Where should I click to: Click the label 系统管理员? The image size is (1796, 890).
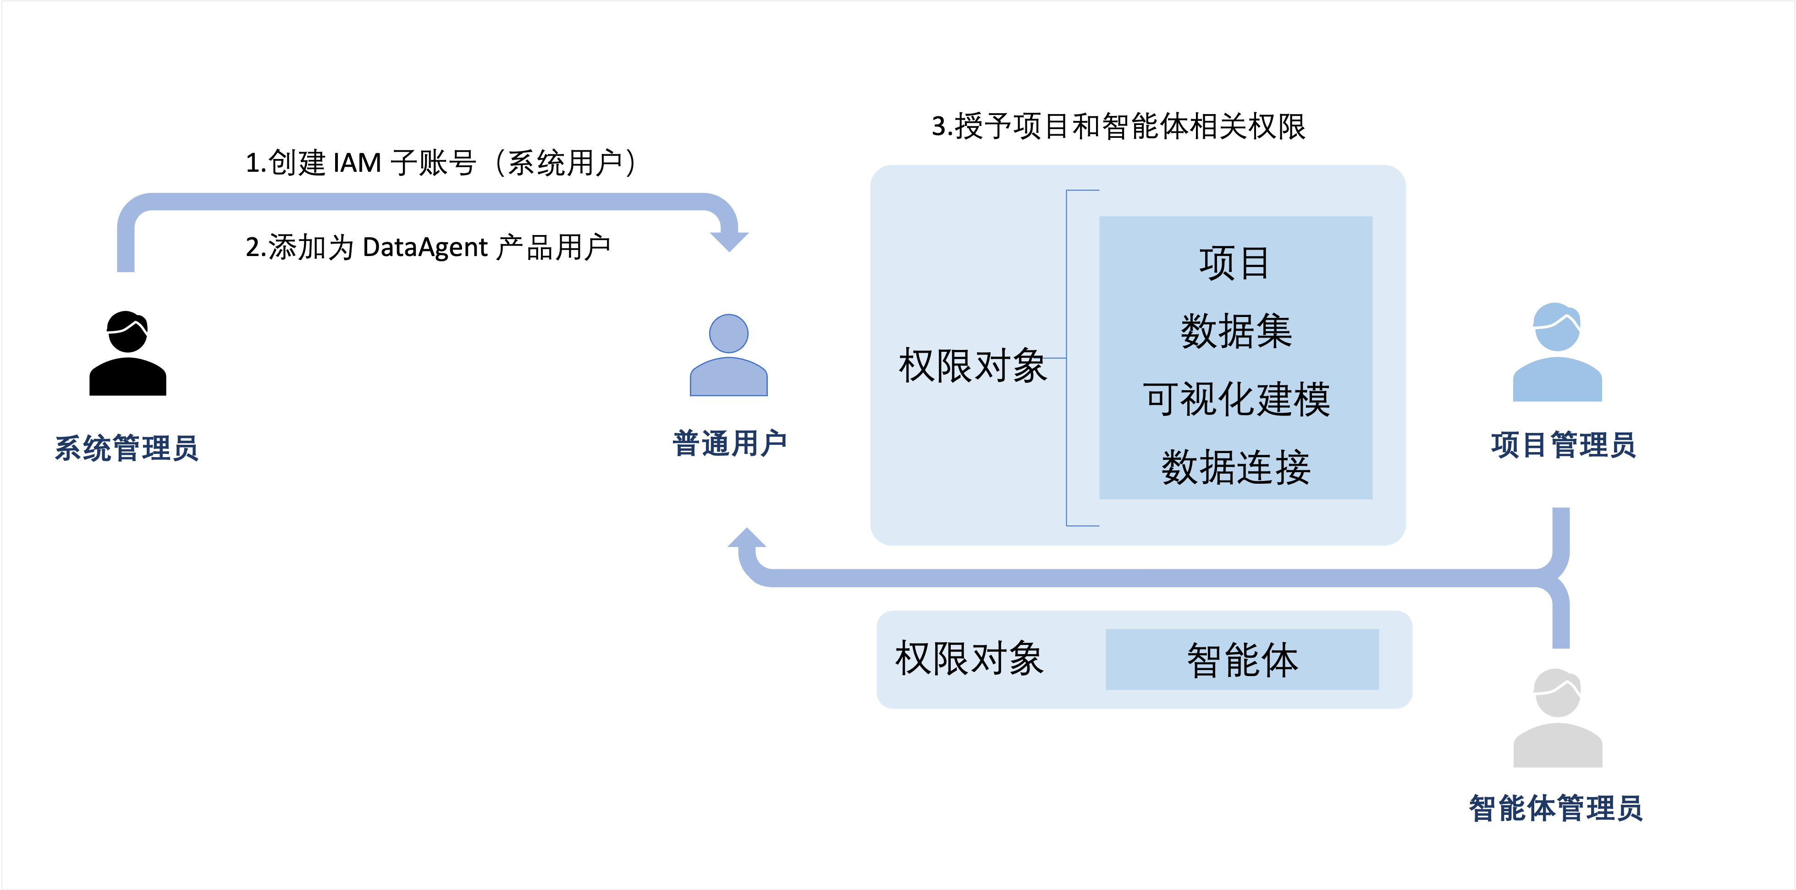[x=127, y=448]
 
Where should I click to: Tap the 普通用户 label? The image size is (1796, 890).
[x=729, y=443]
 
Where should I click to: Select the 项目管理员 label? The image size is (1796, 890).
[x=1563, y=445]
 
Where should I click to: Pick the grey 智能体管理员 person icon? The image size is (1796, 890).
[x=1557, y=719]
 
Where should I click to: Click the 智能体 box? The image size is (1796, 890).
[x=1242, y=659]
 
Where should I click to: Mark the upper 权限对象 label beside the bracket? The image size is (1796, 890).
[x=973, y=365]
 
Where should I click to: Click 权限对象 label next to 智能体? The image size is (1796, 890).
[x=969, y=659]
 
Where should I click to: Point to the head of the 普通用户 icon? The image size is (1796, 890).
[x=728, y=333]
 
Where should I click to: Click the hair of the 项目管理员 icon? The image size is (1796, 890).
[x=1557, y=315]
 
